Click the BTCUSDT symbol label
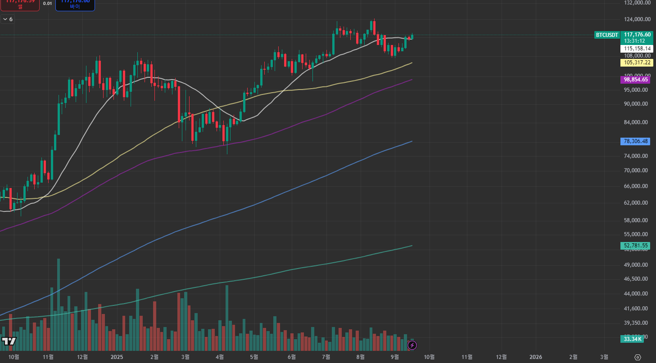tap(606, 35)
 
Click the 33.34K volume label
tap(632, 339)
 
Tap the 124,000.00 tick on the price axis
tap(637, 19)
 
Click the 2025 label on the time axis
tap(117, 357)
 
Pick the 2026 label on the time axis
tap(536, 357)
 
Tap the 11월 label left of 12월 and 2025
tap(48, 357)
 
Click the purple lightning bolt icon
tap(412, 345)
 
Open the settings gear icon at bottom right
tap(637, 357)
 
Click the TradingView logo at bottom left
tap(9, 341)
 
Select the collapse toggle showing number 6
tap(8, 19)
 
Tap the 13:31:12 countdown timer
tap(634, 40)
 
